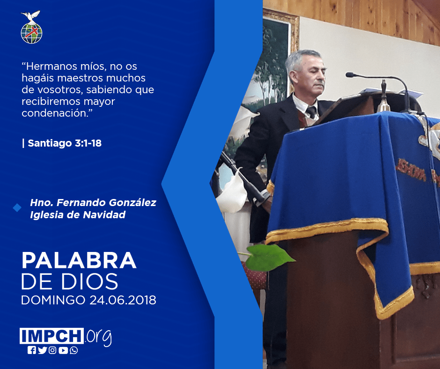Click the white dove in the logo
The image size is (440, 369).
tap(31, 16)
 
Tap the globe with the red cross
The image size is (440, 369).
tap(31, 33)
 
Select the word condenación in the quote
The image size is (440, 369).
tap(55, 113)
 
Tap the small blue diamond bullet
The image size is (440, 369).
tap(17, 208)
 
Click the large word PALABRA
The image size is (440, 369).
tap(79, 261)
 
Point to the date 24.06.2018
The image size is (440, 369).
tap(123, 300)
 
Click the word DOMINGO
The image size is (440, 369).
tap(53, 300)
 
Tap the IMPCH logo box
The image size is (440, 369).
tap(51, 336)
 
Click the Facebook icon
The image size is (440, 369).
tap(31, 350)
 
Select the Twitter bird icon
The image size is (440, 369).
tap(42, 350)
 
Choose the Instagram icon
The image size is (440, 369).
tap(52, 350)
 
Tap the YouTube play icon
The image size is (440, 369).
tap(63, 350)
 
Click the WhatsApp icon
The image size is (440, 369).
tap(74, 350)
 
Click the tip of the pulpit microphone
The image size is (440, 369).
tap(349, 75)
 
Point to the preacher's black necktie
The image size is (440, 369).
tap(312, 112)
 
